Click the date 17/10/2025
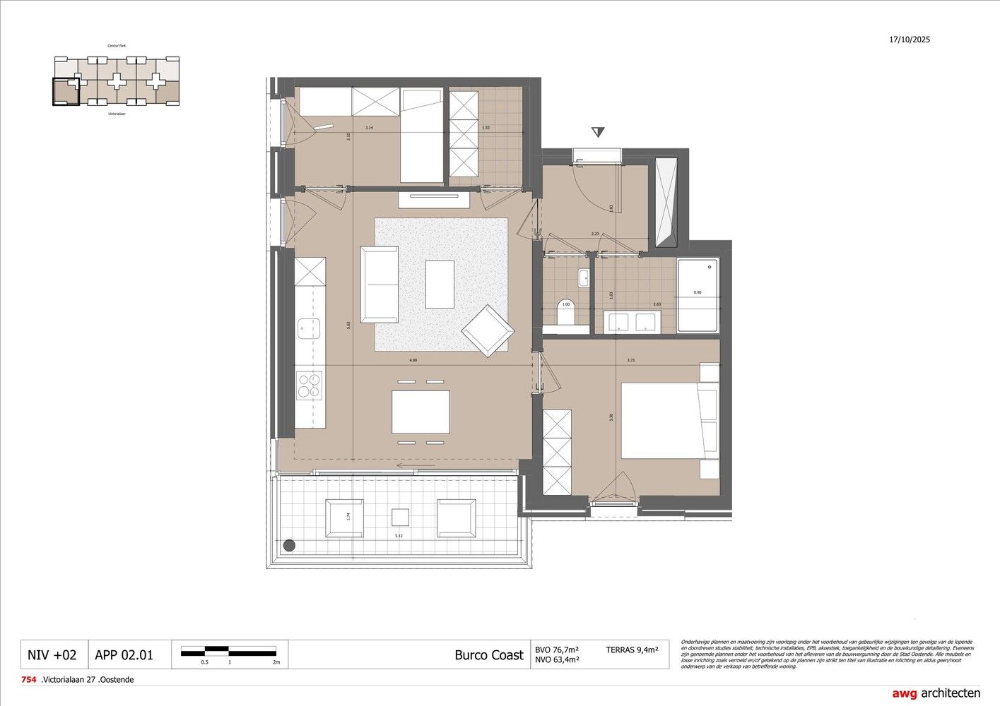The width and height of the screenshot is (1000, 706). (x=910, y=40)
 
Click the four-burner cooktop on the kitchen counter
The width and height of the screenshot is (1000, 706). (x=309, y=385)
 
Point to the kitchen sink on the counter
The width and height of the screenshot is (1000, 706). (x=309, y=328)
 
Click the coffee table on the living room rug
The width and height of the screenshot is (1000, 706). (x=440, y=285)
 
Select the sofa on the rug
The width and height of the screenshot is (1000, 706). (x=380, y=285)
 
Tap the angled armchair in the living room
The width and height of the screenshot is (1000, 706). (x=487, y=330)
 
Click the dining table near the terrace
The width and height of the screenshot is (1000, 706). (x=420, y=412)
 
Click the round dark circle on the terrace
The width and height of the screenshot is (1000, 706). (x=289, y=545)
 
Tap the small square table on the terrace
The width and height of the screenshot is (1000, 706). (x=401, y=517)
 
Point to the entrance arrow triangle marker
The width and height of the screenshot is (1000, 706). (x=599, y=132)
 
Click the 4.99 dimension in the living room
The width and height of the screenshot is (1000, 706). (x=413, y=361)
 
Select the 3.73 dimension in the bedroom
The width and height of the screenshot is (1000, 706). (x=631, y=361)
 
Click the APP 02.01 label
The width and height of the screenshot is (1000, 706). (x=124, y=655)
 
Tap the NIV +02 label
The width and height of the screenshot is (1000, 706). (x=52, y=655)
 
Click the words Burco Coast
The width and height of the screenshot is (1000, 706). (x=489, y=655)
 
